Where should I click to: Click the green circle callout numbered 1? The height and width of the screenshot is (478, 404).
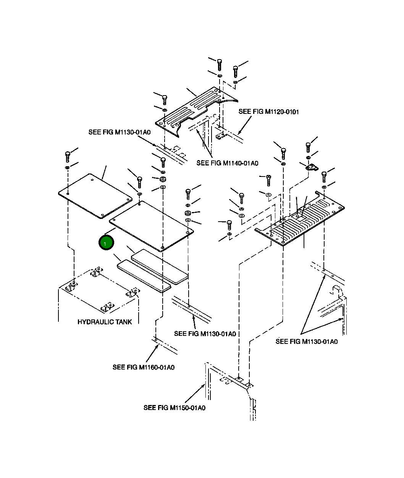pyautogui.click(x=106, y=243)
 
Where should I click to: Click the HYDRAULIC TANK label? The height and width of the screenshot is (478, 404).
pyautogui.click(x=105, y=322)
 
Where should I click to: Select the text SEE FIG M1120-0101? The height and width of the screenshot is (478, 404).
pyautogui.click(x=268, y=112)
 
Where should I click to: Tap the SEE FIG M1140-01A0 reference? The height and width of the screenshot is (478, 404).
pyautogui.click(x=227, y=163)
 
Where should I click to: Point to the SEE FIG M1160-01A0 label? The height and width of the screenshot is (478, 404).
pyautogui.click(x=143, y=368)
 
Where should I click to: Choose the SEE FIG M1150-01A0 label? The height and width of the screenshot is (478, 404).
pyautogui.click(x=174, y=408)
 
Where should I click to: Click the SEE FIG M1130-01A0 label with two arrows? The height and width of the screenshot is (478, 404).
pyautogui.click(x=306, y=342)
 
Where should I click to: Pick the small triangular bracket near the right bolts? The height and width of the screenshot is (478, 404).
pyautogui.click(x=312, y=167)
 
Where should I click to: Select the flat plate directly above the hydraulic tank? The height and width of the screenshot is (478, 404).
pyautogui.click(x=95, y=196)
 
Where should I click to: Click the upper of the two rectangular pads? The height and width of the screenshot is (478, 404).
pyautogui.click(x=160, y=266)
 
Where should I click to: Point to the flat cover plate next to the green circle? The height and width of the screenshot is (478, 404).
pyautogui.click(x=152, y=226)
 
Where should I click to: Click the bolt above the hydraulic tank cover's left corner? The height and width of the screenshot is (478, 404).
pyautogui.click(x=68, y=156)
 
